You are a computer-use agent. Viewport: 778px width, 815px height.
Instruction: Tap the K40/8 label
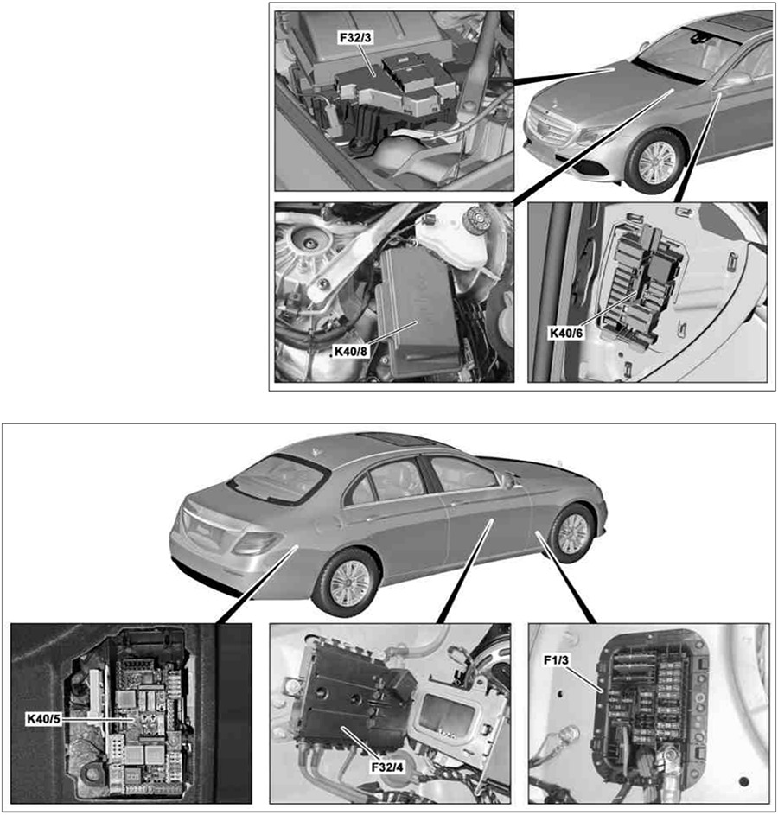(x=353, y=352)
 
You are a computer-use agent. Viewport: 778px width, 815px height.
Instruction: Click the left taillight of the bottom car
(x=254, y=542)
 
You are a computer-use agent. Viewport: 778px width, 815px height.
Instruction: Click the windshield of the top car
(x=687, y=52)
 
